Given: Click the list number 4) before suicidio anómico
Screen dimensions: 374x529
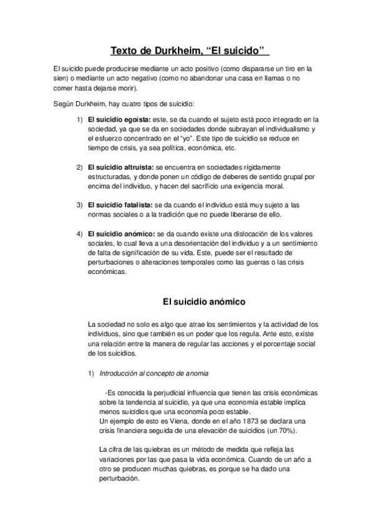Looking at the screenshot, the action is [79, 234].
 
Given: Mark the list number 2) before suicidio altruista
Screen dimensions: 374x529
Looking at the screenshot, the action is [79, 168].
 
